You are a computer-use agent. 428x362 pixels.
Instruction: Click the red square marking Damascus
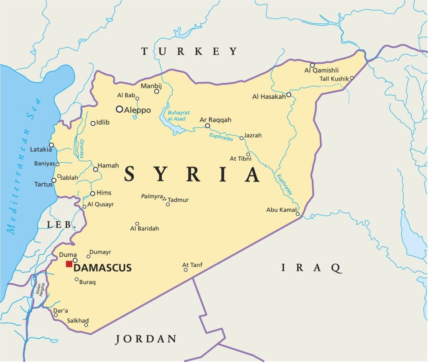click(x=69, y=264)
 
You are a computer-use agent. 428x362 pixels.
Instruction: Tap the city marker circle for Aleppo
click(x=120, y=109)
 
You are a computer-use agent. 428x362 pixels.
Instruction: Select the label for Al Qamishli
click(x=321, y=70)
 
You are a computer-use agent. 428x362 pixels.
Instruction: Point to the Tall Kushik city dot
click(x=352, y=78)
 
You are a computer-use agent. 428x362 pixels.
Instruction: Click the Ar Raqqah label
click(x=215, y=120)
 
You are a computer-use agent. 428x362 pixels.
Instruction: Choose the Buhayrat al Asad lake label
click(x=178, y=116)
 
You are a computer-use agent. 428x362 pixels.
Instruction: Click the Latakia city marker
click(x=51, y=145)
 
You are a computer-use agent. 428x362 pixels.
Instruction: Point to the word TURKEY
click(x=189, y=51)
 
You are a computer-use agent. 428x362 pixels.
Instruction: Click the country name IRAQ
click(x=311, y=268)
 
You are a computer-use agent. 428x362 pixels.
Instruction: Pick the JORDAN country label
click(x=146, y=339)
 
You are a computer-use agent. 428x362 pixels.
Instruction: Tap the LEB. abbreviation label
click(x=61, y=225)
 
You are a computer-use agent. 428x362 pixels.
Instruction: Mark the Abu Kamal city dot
click(x=298, y=214)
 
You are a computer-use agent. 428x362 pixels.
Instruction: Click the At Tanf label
click(x=192, y=265)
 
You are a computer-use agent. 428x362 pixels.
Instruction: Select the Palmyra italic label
click(x=151, y=196)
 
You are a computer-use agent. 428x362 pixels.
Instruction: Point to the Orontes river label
click(x=81, y=148)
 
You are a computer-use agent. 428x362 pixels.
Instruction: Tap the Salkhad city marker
click(x=86, y=325)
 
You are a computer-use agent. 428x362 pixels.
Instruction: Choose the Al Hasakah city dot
click(x=288, y=95)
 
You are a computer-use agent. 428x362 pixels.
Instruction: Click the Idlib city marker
click(x=93, y=123)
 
